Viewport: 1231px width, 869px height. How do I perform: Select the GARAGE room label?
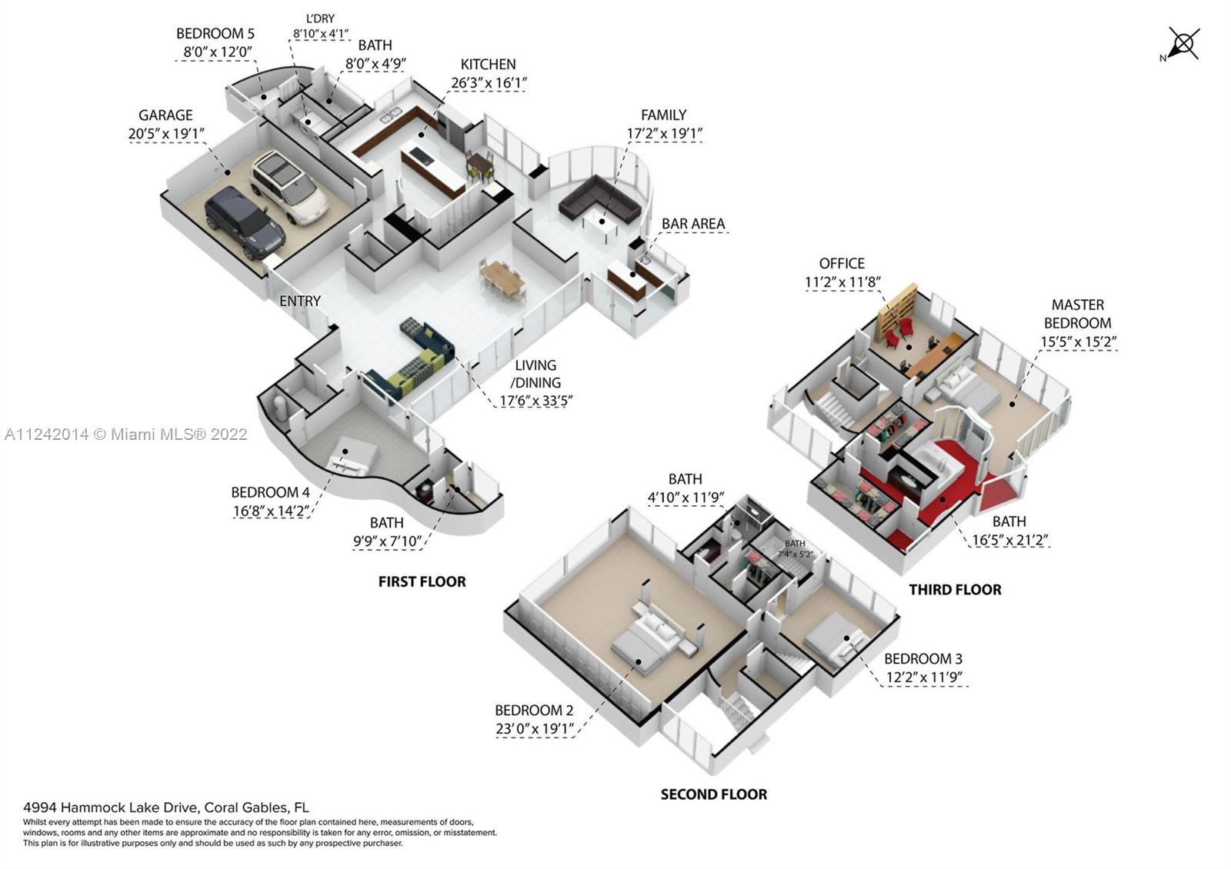165,115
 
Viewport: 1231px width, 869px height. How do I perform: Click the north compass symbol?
1183,43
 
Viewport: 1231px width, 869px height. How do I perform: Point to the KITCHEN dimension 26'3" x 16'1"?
489,83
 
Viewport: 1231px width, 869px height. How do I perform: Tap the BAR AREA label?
693,224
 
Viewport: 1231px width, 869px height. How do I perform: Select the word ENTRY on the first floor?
300,301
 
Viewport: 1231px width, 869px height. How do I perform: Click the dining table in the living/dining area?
503,278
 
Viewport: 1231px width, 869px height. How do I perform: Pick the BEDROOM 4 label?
270,492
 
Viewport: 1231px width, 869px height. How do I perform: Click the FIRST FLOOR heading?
422,581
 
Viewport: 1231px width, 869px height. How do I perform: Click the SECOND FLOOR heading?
713,794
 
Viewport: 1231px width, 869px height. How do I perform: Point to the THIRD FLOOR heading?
955,590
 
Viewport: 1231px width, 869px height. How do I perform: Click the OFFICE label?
842,264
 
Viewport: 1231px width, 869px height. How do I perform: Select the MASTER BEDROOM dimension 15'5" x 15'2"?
1078,341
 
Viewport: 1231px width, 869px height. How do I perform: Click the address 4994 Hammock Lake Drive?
165,807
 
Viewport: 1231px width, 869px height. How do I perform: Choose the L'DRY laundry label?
320,18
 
